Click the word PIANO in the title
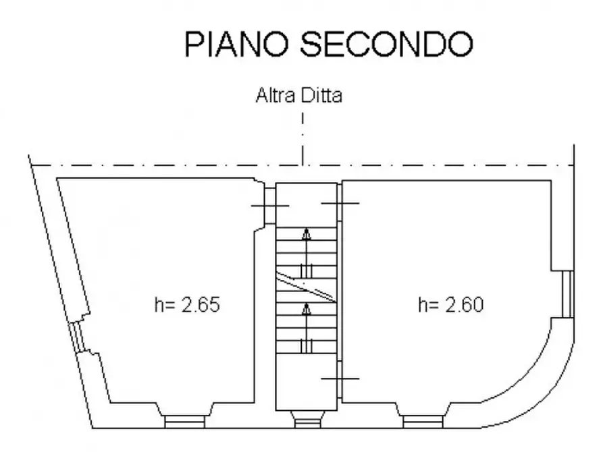pos(236,44)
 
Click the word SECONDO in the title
pos(386,44)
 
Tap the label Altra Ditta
pos(299,95)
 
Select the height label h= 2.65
pos(187,305)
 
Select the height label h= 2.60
pos(450,305)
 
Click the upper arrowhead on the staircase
pos(306,233)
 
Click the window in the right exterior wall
pos(568,294)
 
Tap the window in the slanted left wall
pos(76,337)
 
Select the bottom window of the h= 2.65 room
pos(184,422)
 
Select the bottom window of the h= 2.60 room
pos(423,422)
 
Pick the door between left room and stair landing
pos(270,206)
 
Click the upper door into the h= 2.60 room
pos(340,203)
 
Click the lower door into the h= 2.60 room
pos(340,379)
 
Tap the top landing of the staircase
pos(307,205)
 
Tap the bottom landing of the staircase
pos(307,382)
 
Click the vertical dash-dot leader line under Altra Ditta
pos(303,139)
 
